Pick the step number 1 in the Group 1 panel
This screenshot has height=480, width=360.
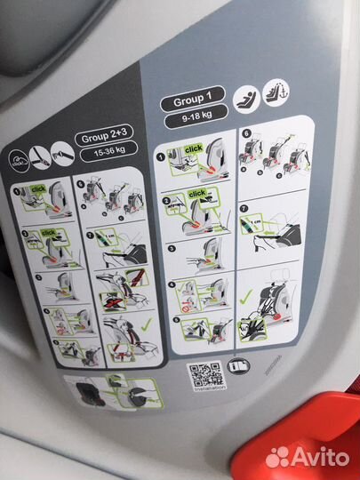pyautogui.click(x=161, y=155)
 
